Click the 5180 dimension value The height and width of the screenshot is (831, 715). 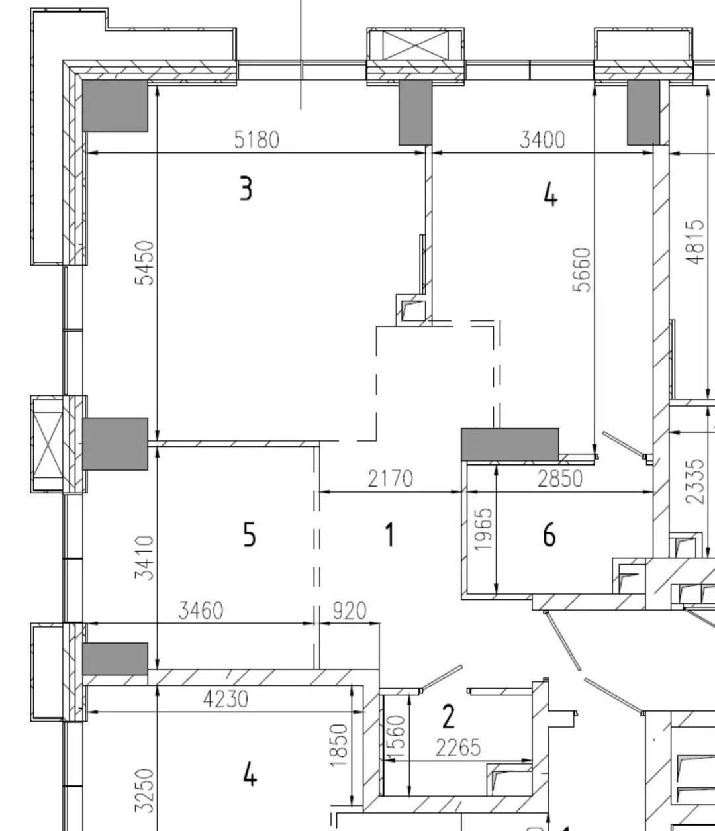256,140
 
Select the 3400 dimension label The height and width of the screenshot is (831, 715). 542,140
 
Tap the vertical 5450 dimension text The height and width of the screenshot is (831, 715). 144,263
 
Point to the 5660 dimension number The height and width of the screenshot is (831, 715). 582,269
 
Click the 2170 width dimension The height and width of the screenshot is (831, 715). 390,479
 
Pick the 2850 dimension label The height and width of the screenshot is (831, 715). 560,479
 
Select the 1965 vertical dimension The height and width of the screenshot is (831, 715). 483,529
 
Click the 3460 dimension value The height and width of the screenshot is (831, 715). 201,611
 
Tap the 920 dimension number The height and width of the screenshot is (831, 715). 350,611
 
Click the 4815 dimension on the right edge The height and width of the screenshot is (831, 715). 695,242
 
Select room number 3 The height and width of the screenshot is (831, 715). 246,188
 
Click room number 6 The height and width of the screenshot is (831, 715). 549,534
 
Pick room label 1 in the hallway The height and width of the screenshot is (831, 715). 389,534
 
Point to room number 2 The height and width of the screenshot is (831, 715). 448,716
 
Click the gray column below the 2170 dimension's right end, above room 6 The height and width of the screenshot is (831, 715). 510,444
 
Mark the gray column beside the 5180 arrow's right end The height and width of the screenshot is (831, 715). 415,112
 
